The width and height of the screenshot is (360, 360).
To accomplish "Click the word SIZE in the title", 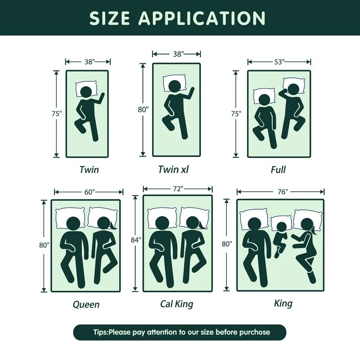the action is [x=110, y=18].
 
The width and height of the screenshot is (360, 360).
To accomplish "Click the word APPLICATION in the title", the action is [x=202, y=18].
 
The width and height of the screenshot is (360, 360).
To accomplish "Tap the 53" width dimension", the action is [x=279, y=62].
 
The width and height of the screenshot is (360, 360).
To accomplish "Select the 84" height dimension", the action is [x=136, y=240].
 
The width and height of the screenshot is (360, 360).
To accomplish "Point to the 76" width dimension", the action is [x=283, y=192].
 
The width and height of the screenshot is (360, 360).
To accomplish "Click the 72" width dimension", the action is [x=178, y=189].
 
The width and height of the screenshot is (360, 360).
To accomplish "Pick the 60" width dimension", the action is [x=90, y=192].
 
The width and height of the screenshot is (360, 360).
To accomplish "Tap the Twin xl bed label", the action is [x=173, y=170].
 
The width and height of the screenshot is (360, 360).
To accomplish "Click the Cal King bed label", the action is [x=176, y=304].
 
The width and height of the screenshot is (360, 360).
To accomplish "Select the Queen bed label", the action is [x=86, y=305].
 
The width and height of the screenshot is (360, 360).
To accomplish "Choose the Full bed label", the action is [x=278, y=170].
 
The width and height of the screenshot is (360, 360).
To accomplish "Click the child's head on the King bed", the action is [x=282, y=227].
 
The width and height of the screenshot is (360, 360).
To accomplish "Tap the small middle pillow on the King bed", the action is [x=281, y=223].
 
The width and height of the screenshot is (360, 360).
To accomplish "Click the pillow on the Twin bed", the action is [x=86, y=89].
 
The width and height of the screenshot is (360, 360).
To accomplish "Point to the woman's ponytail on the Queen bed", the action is [x=113, y=225].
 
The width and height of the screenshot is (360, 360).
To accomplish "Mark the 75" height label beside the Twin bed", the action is [x=57, y=114].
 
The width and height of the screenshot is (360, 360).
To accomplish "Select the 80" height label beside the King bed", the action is [x=227, y=244].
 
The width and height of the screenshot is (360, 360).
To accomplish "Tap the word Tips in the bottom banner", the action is [x=100, y=332].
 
